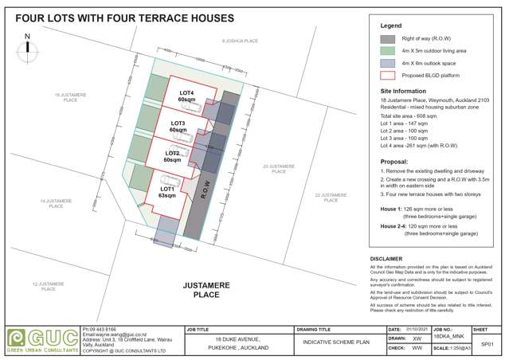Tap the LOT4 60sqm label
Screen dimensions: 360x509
click(186, 97)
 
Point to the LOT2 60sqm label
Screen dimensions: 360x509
click(172, 156)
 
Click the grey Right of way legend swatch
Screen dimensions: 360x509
click(388, 38)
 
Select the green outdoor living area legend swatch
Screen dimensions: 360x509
click(388, 51)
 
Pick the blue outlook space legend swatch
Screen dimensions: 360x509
click(388, 64)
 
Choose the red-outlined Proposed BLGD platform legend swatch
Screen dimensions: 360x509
click(388, 76)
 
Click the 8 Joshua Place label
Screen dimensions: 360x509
click(240, 40)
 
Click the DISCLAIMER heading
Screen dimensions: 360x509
click(393, 259)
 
